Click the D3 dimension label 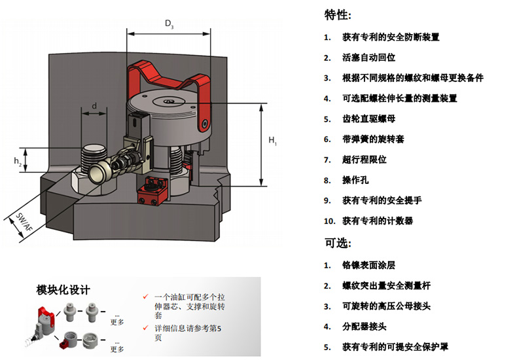pyautogui.click(x=169, y=26)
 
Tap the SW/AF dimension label pyautogui.click(x=24, y=225)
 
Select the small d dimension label pyautogui.click(x=94, y=106)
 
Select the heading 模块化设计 pyautogui.click(x=63, y=289)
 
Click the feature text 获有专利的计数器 pyautogui.click(x=378, y=221)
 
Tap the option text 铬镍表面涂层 pyautogui.click(x=369, y=265)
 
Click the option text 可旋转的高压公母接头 pyautogui.click(x=386, y=306)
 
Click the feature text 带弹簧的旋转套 pyautogui.click(x=373, y=139)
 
